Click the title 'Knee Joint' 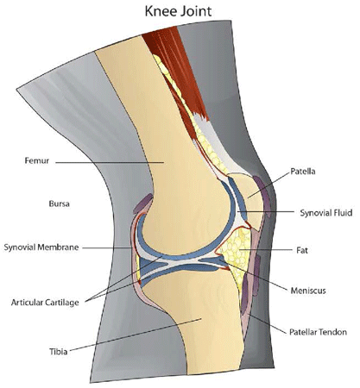pos(178,11)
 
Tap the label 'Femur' pos(37,160)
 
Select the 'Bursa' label pos(59,203)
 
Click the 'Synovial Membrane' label pos(41,247)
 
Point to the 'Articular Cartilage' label pos(45,303)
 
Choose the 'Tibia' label pos(59,352)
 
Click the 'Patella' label pos(303,172)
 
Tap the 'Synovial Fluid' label pos(326,213)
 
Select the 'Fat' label pos(302,250)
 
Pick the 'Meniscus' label pos(308,291)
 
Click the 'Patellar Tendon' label pos(318,332)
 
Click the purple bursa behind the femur pos(143,203)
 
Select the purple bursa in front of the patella pos(262,196)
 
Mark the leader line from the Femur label pos(110,163)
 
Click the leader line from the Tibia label pos(136,335)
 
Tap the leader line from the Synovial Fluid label pos(265,212)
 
